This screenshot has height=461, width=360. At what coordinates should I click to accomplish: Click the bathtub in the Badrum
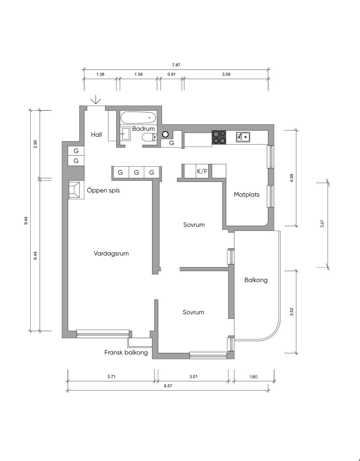139,118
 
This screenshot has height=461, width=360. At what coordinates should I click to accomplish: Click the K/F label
202,171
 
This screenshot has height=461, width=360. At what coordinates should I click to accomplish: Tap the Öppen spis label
103,190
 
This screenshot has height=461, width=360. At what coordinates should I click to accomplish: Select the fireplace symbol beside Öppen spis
74,190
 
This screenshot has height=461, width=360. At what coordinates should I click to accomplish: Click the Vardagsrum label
111,254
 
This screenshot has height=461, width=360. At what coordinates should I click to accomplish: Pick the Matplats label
247,195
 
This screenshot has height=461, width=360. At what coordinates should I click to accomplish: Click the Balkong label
256,280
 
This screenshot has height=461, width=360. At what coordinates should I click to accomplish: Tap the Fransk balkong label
126,352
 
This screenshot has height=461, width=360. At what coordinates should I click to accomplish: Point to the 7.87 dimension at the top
176,65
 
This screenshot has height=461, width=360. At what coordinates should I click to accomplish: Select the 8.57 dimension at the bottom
168,386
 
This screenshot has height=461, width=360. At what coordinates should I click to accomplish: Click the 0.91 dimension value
172,74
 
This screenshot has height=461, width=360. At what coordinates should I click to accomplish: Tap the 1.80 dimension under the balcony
253,377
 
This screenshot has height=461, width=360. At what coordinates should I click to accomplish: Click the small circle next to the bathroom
165,134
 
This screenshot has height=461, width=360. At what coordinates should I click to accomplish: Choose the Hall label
96,135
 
